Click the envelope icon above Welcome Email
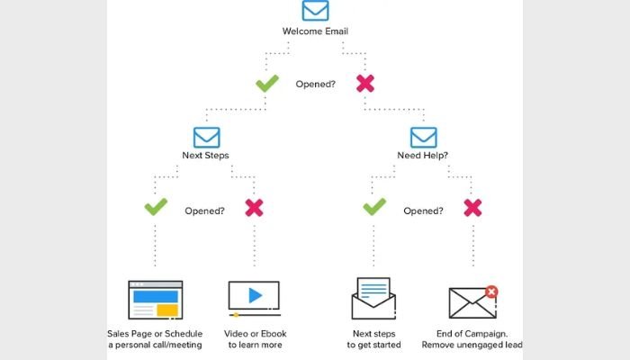[315, 11]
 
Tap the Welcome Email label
[315, 31]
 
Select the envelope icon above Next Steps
[206, 136]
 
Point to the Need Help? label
[423, 156]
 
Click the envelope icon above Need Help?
[423, 136]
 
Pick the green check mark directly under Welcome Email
[266, 84]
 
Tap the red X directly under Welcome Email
[364, 84]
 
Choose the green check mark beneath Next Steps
[156, 209]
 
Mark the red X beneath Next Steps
[255, 209]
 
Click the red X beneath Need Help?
[472, 209]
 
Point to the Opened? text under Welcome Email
[315, 85]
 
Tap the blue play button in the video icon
[255, 294]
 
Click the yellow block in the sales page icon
[166, 310]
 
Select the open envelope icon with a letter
[371, 299]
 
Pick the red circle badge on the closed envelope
[491, 292]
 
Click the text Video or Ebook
[256, 334]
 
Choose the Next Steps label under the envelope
[206, 156]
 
